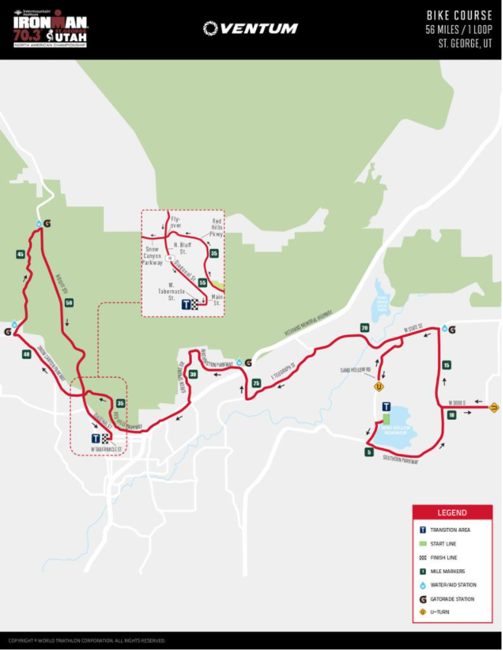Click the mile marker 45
[x=20, y=254]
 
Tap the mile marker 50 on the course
[x=69, y=303]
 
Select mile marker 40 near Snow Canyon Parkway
[x=27, y=354]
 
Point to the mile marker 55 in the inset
[x=203, y=282]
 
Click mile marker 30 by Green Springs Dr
[x=193, y=374]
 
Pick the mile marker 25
[x=256, y=382]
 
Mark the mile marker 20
[x=364, y=328]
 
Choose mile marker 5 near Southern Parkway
[x=369, y=452]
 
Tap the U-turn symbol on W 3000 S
[x=494, y=407]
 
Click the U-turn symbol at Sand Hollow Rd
[x=379, y=387]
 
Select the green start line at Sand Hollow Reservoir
[x=386, y=419]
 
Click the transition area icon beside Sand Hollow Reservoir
[x=386, y=407]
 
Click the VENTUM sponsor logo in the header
[x=251, y=28]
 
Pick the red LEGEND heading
[x=451, y=512]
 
